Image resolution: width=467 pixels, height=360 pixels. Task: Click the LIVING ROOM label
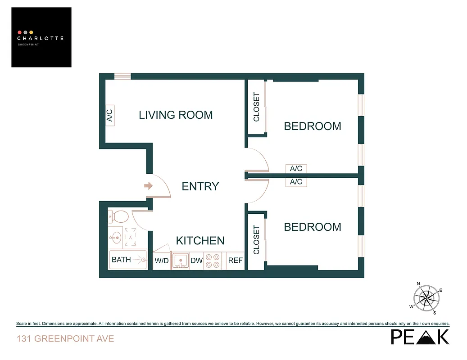point(176,115)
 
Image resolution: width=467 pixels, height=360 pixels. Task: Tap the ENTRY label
point(200,186)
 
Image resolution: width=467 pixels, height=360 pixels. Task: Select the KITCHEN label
point(200,241)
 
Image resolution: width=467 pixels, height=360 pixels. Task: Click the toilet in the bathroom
point(118,216)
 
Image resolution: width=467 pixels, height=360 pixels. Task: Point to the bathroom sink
point(115,236)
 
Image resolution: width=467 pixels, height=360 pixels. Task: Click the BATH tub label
point(121,260)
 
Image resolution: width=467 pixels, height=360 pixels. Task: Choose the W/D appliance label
point(162,261)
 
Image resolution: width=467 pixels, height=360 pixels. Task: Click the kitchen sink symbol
point(181,261)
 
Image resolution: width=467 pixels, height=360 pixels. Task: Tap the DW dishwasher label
point(196,261)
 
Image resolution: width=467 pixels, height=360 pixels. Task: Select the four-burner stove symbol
point(213,261)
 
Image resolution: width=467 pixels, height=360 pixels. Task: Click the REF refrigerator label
point(236,261)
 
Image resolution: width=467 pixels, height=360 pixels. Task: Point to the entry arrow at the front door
point(148,186)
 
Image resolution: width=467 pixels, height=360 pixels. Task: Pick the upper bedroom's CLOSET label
point(257,107)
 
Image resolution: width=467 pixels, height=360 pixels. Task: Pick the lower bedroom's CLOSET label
point(257,240)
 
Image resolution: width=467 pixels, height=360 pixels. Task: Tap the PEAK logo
point(420,337)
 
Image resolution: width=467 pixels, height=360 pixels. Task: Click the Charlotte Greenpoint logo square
point(41,37)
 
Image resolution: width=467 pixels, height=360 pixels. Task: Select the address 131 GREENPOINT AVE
point(65,338)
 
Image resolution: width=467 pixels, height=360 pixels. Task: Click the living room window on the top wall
point(122,76)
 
